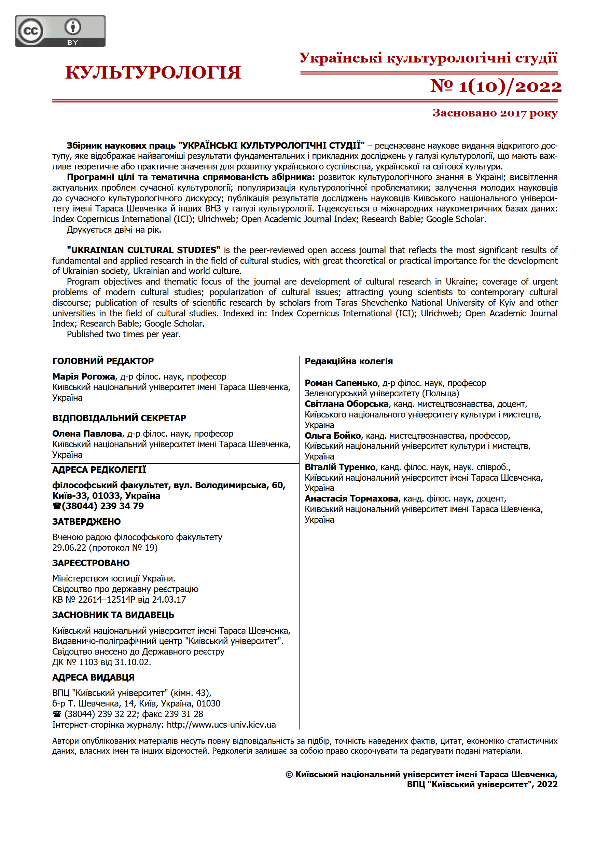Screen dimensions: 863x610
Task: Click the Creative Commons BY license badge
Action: click(60, 31)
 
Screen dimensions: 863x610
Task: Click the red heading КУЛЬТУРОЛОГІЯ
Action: click(153, 72)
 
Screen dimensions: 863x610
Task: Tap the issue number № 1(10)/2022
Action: click(495, 86)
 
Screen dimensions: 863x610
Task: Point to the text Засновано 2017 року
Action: click(495, 113)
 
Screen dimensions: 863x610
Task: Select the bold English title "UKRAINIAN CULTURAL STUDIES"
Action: click(143, 250)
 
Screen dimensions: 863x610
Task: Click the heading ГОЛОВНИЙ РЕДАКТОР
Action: click(103, 361)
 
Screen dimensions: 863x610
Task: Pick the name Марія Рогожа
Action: click(84, 376)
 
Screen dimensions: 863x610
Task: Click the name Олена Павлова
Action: click(87, 434)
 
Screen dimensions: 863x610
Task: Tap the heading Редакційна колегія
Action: click(348, 361)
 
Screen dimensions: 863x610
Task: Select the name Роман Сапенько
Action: click(341, 383)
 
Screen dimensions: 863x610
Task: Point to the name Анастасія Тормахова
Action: click(351, 498)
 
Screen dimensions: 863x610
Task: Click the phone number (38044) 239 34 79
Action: click(102, 506)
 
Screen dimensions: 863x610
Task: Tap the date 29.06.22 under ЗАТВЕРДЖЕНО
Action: click(69, 548)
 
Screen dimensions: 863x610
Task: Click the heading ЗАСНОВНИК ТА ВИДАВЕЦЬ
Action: click(113, 615)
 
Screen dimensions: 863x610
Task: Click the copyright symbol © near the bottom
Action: click(289, 774)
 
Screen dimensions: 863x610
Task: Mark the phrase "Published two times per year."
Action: click(124, 334)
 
